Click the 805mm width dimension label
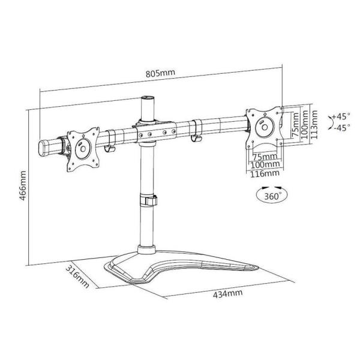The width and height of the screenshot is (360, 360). click(x=160, y=73)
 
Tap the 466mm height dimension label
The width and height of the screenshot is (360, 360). click(x=23, y=185)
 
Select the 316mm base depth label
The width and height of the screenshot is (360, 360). click(x=77, y=277)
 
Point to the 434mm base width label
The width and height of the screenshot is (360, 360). click(x=227, y=293)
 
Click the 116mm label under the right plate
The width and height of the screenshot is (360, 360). click(x=265, y=173)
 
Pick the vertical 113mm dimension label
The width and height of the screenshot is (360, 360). click(x=314, y=124)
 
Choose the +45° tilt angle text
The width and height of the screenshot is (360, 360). click(x=341, y=116)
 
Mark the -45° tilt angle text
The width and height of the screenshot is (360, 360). click(x=342, y=127)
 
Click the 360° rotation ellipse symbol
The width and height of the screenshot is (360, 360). click(x=272, y=195)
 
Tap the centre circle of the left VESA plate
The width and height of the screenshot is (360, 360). click(x=83, y=149)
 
